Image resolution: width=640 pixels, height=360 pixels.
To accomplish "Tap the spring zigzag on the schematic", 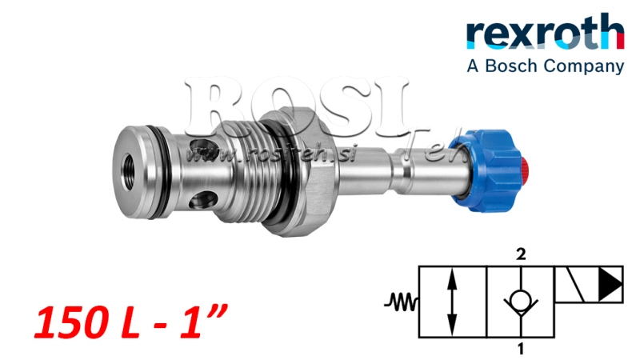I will [400, 302].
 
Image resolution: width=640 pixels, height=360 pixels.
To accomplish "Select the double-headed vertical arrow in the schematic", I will [453, 302].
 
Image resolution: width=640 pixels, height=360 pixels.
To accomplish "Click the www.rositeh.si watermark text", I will [240, 151].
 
